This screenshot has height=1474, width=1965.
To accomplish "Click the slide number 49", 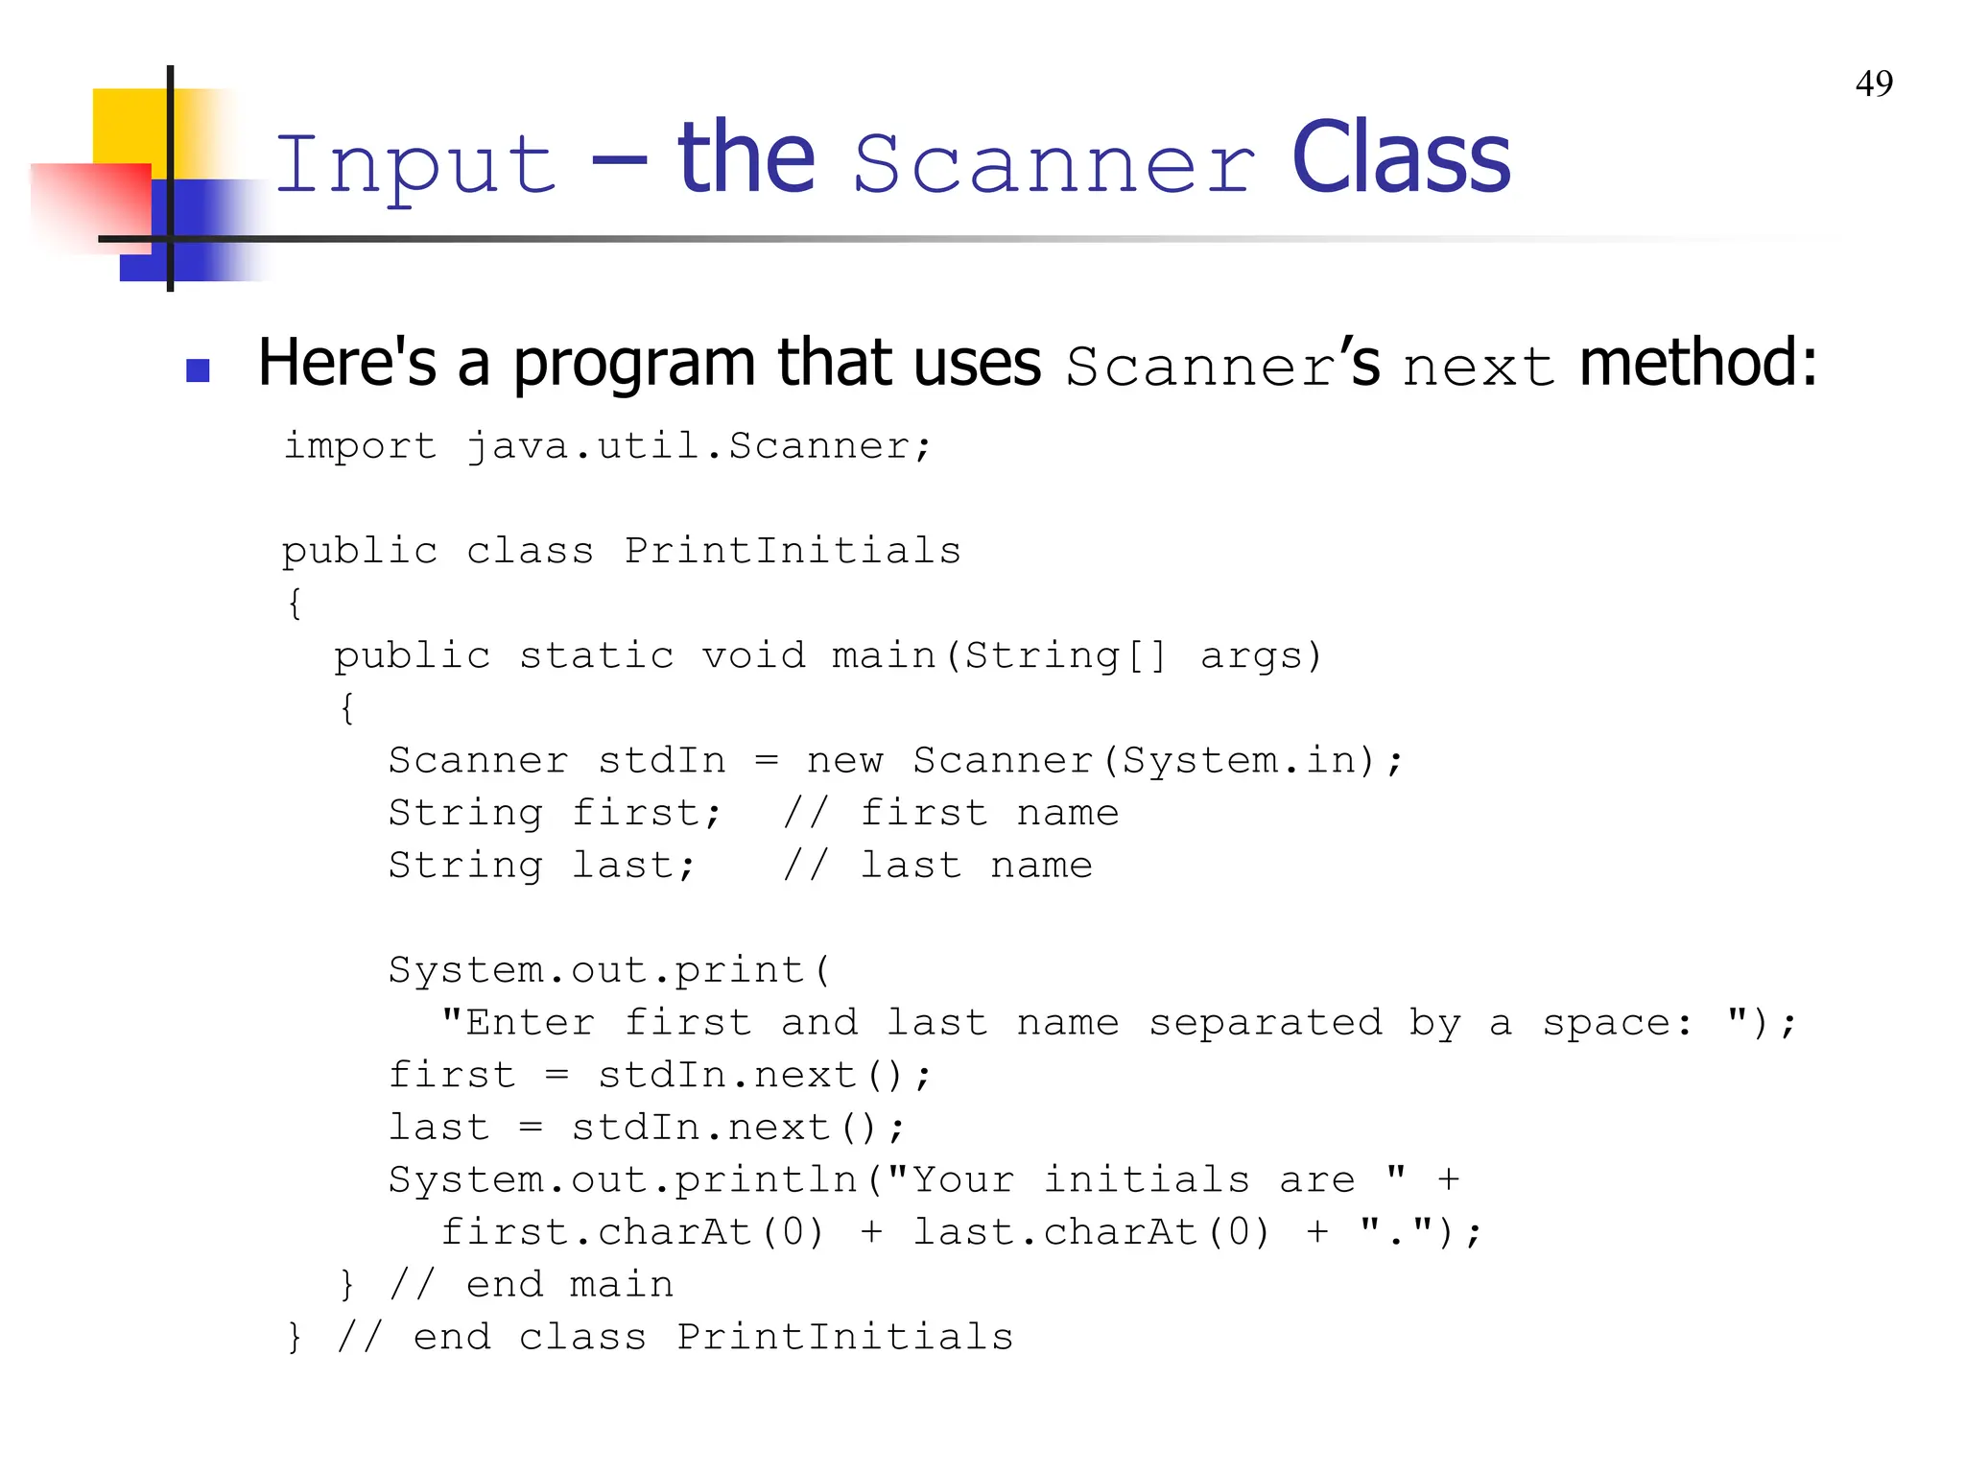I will pos(1874,84).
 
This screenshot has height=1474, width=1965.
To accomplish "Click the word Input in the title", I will pos(415,164).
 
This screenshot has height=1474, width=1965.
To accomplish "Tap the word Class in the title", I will pos(1400,158).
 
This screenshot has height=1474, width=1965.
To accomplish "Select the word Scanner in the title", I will pos(1054,164).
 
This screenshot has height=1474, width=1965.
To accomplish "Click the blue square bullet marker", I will pos(198,370).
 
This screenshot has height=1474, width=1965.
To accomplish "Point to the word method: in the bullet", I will pos(1697,364).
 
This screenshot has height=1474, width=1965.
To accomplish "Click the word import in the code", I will pos(360,446).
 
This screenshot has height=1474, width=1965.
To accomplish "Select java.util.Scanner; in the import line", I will pos(698,446).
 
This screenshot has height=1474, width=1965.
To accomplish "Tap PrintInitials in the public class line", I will pos(793,551).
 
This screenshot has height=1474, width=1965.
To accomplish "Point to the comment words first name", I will pos(989,813).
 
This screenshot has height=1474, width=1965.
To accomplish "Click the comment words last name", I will pos(976,866).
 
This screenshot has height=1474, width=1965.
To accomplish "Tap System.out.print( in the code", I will pos(609,970).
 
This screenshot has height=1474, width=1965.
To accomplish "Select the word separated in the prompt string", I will pos(1265,1023).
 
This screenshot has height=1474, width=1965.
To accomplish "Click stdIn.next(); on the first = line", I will pos(764,1075).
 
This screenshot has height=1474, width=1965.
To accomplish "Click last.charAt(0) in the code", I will pos(1091,1232).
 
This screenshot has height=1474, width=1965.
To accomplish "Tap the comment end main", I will pos(570,1285).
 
